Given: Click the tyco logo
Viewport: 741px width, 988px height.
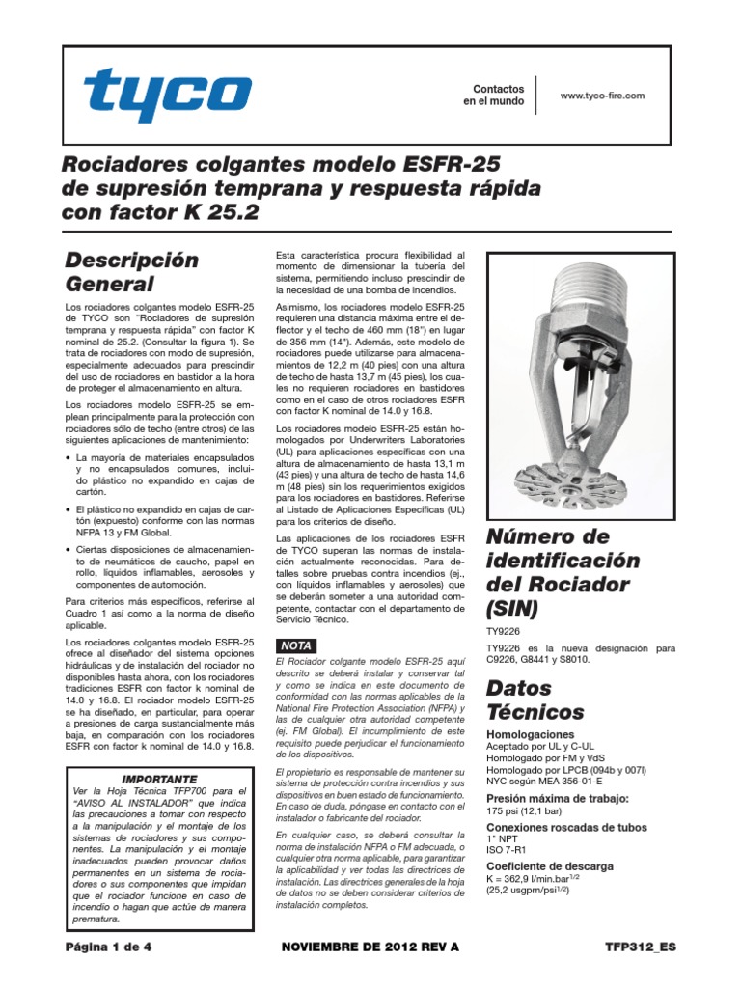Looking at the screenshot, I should coord(167,95).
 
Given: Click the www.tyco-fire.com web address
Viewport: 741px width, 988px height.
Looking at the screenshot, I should coord(601,95).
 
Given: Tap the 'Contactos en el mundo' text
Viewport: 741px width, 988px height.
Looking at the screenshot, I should coord(493,95).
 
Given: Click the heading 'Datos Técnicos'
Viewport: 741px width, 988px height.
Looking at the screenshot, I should coord(535,700).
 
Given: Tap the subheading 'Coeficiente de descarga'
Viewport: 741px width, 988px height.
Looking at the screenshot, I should coord(555,864).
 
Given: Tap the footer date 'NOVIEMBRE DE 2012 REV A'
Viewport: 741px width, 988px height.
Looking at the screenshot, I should coord(370,947).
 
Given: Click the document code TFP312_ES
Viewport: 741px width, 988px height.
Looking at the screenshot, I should coord(642,947).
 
